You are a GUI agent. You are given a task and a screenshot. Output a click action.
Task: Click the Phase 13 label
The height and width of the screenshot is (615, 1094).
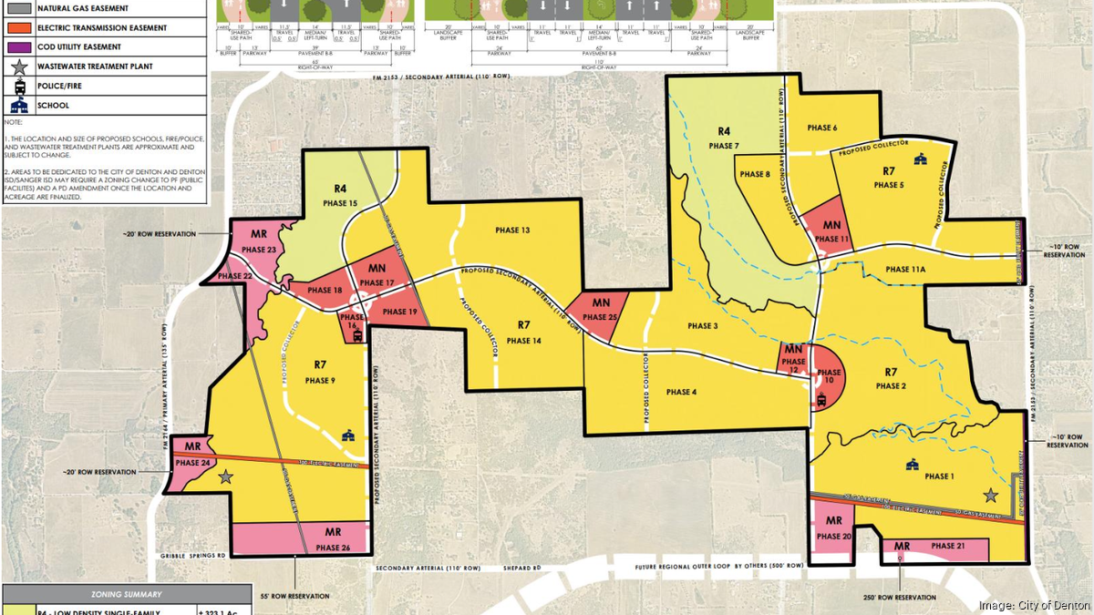click(x=513, y=231)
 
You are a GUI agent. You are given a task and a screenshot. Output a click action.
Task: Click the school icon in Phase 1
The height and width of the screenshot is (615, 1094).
click(x=909, y=466)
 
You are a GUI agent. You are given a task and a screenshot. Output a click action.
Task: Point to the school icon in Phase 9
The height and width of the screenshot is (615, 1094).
click(x=346, y=437)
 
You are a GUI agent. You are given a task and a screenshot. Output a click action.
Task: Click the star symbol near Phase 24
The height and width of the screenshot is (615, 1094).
click(x=225, y=476)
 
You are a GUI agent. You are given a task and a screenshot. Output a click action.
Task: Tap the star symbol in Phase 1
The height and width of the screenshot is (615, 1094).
click(x=990, y=496)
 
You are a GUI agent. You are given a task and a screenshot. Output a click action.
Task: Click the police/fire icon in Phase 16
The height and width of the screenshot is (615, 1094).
click(x=356, y=334)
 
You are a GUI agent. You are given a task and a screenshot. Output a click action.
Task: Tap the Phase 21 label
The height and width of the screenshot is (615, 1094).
click(x=948, y=546)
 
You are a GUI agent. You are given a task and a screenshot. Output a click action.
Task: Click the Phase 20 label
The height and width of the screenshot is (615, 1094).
click(x=834, y=537)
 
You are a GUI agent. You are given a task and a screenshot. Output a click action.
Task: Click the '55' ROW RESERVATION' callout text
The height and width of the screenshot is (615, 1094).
click(x=295, y=596)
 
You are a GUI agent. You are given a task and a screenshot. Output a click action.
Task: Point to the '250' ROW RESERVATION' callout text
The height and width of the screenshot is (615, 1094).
click(x=901, y=596)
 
